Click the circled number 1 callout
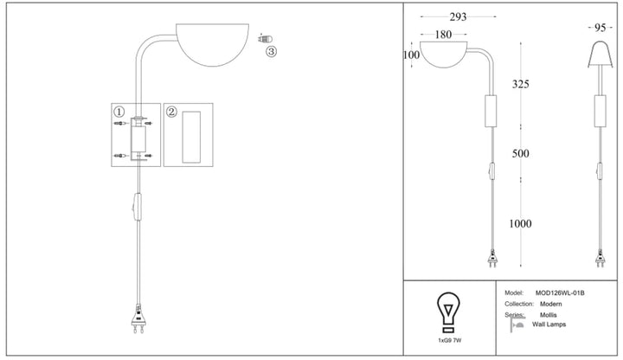(x=119, y=112)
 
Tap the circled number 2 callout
(x=171, y=112)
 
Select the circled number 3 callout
(x=271, y=51)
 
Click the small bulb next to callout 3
(x=266, y=39)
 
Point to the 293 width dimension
(x=458, y=16)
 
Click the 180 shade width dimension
(x=443, y=35)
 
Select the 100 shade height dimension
(x=411, y=55)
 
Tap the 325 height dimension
(x=521, y=84)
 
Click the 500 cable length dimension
(x=521, y=153)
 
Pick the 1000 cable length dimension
(x=521, y=224)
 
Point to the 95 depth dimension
(x=600, y=28)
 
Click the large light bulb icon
(x=448, y=312)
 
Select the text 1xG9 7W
(x=450, y=341)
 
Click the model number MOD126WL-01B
(x=560, y=293)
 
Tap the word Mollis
(x=549, y=315)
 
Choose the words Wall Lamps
(x=549, y=325)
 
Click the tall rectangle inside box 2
(x=191, y=137)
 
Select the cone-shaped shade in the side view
(x=600, y=54)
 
